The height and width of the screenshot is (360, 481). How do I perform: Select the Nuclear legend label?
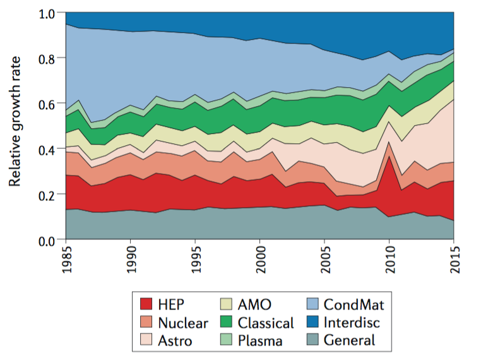pyautogui.click(x=184, y=323)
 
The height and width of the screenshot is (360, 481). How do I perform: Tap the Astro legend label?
pyautogui.click(x=176, y=340)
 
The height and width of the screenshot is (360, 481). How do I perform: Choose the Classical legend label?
pyautogui.click(x=266, y=323)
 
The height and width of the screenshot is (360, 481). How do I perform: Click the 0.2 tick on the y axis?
pyautogui.click(x=48, y=195)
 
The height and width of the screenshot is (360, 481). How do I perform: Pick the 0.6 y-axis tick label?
pyautogui.click(x=48, y=104)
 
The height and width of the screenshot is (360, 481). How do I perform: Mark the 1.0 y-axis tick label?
pyautogui.click(x=48, y=13)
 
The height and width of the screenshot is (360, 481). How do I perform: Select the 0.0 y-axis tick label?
pyautogui.click(x=48, y=241)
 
